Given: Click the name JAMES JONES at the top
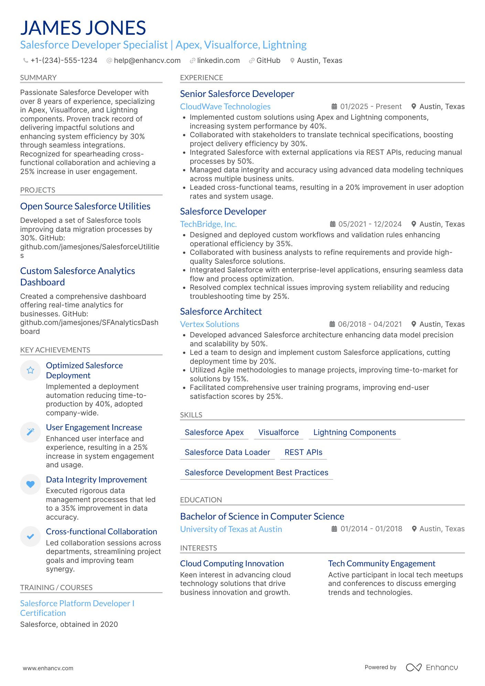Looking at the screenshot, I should (83, 28).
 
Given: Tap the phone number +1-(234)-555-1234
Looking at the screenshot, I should (64, 61).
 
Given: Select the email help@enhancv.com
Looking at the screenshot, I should (147, 61).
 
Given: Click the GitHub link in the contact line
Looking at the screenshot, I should (268, 61).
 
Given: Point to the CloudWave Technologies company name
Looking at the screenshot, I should (225, 107).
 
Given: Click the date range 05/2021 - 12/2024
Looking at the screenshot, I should (369, 224).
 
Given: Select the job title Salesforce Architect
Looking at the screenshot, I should (221, 312).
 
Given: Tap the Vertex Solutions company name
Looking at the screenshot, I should (209, 324).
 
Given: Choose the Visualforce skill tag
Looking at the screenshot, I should (278, 432).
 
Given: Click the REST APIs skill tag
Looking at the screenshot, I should (303, 452).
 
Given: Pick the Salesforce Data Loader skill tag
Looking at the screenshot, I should (227, 452).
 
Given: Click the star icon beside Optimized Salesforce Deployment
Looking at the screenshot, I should (31, 370).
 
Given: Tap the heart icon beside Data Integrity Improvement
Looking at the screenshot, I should (31, 484).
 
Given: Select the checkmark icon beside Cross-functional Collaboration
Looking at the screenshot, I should (31, 536).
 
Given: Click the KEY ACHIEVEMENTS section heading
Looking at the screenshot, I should (55, 350).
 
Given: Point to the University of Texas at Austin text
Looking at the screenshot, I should (231, 529).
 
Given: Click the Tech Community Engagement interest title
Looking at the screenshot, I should (381, 564).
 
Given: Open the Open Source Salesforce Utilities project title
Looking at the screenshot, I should (85, 206).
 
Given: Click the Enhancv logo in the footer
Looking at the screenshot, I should (432, 667).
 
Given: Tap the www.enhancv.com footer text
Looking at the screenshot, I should (48, 668).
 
